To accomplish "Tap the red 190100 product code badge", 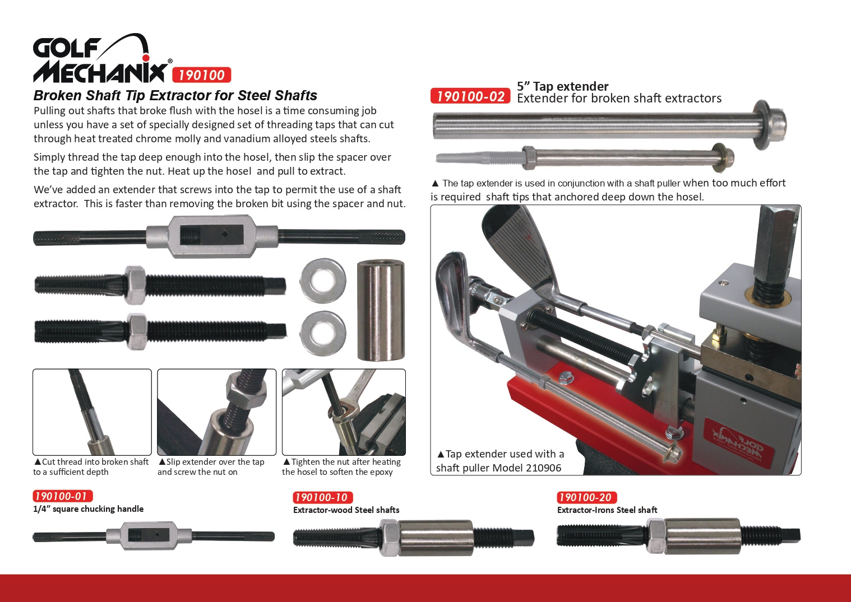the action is [x=201, y=75].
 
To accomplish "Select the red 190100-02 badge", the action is [x=470, y=96].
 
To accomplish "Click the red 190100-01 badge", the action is [x=63, y=496].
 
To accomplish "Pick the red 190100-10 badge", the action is [x=322, y=497].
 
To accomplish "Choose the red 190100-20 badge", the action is [x=586, y=497].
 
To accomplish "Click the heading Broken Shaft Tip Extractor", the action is [x=175, y=95].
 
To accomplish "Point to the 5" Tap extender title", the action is [x=562, y=86].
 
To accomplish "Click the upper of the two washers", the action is [x=323, y=281].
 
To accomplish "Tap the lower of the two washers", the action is [x=323, y=333].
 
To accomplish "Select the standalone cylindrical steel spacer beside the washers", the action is [x=381, y=310].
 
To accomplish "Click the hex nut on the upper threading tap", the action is [x=135, y=285].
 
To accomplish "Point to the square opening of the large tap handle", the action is [x=211, y=235].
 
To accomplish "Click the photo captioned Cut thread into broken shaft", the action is [x=92, y=412].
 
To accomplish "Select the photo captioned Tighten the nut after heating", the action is [x=344, y=412].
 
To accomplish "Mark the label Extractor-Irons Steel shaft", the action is [x=607, y=510].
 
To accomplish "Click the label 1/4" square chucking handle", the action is [x=88, y=508].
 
